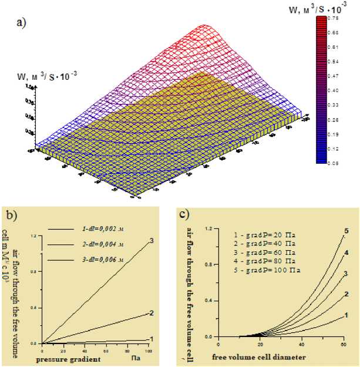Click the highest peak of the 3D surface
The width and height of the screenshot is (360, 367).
(x=205, y=26)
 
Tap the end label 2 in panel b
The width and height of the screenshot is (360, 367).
(x=152, y=314)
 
